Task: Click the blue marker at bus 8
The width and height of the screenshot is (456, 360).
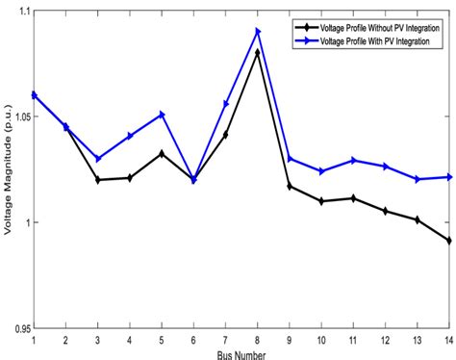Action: (258, 32)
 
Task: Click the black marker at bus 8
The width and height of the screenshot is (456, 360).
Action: (257, 52)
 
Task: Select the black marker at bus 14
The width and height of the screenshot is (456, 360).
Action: (447, 241)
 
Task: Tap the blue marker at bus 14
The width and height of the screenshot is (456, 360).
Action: (447, 177)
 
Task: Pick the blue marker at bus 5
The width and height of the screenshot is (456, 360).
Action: (162, 115)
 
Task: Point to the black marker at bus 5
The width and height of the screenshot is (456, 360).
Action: (162, 153)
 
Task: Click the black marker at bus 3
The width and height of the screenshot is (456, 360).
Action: (98, 180)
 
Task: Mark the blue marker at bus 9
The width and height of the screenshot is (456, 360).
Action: (290, 159)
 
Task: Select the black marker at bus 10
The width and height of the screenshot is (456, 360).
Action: (320, 201)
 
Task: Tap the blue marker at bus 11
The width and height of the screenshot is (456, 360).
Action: (353, 160)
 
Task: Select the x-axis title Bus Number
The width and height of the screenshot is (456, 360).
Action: (241, 353)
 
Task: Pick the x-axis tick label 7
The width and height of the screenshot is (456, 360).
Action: (225, 340)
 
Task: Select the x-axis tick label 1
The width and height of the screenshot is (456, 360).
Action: (35, 340)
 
